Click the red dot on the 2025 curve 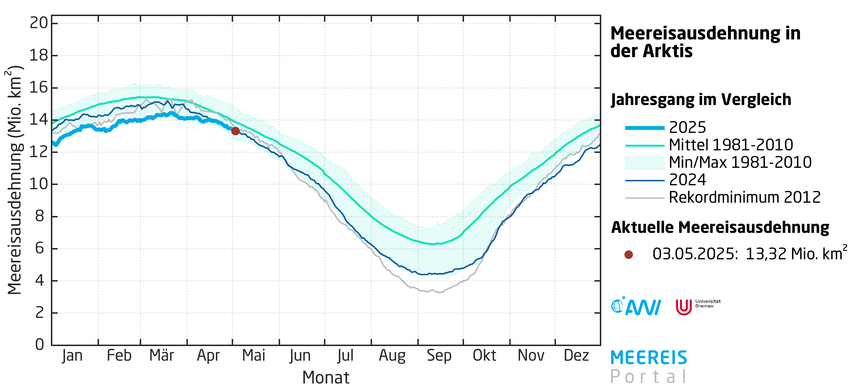pos(235,131)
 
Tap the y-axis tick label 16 pos(39,88)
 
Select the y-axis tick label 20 pos(39,23)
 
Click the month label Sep pos(439,356)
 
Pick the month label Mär pos(161,356)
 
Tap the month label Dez pos(576,356)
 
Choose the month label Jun pos(300,356)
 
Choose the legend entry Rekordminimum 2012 pos(744,197)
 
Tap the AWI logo pos(636,306)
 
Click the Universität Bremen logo pos(697,306)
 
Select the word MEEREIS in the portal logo pos(648,358)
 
